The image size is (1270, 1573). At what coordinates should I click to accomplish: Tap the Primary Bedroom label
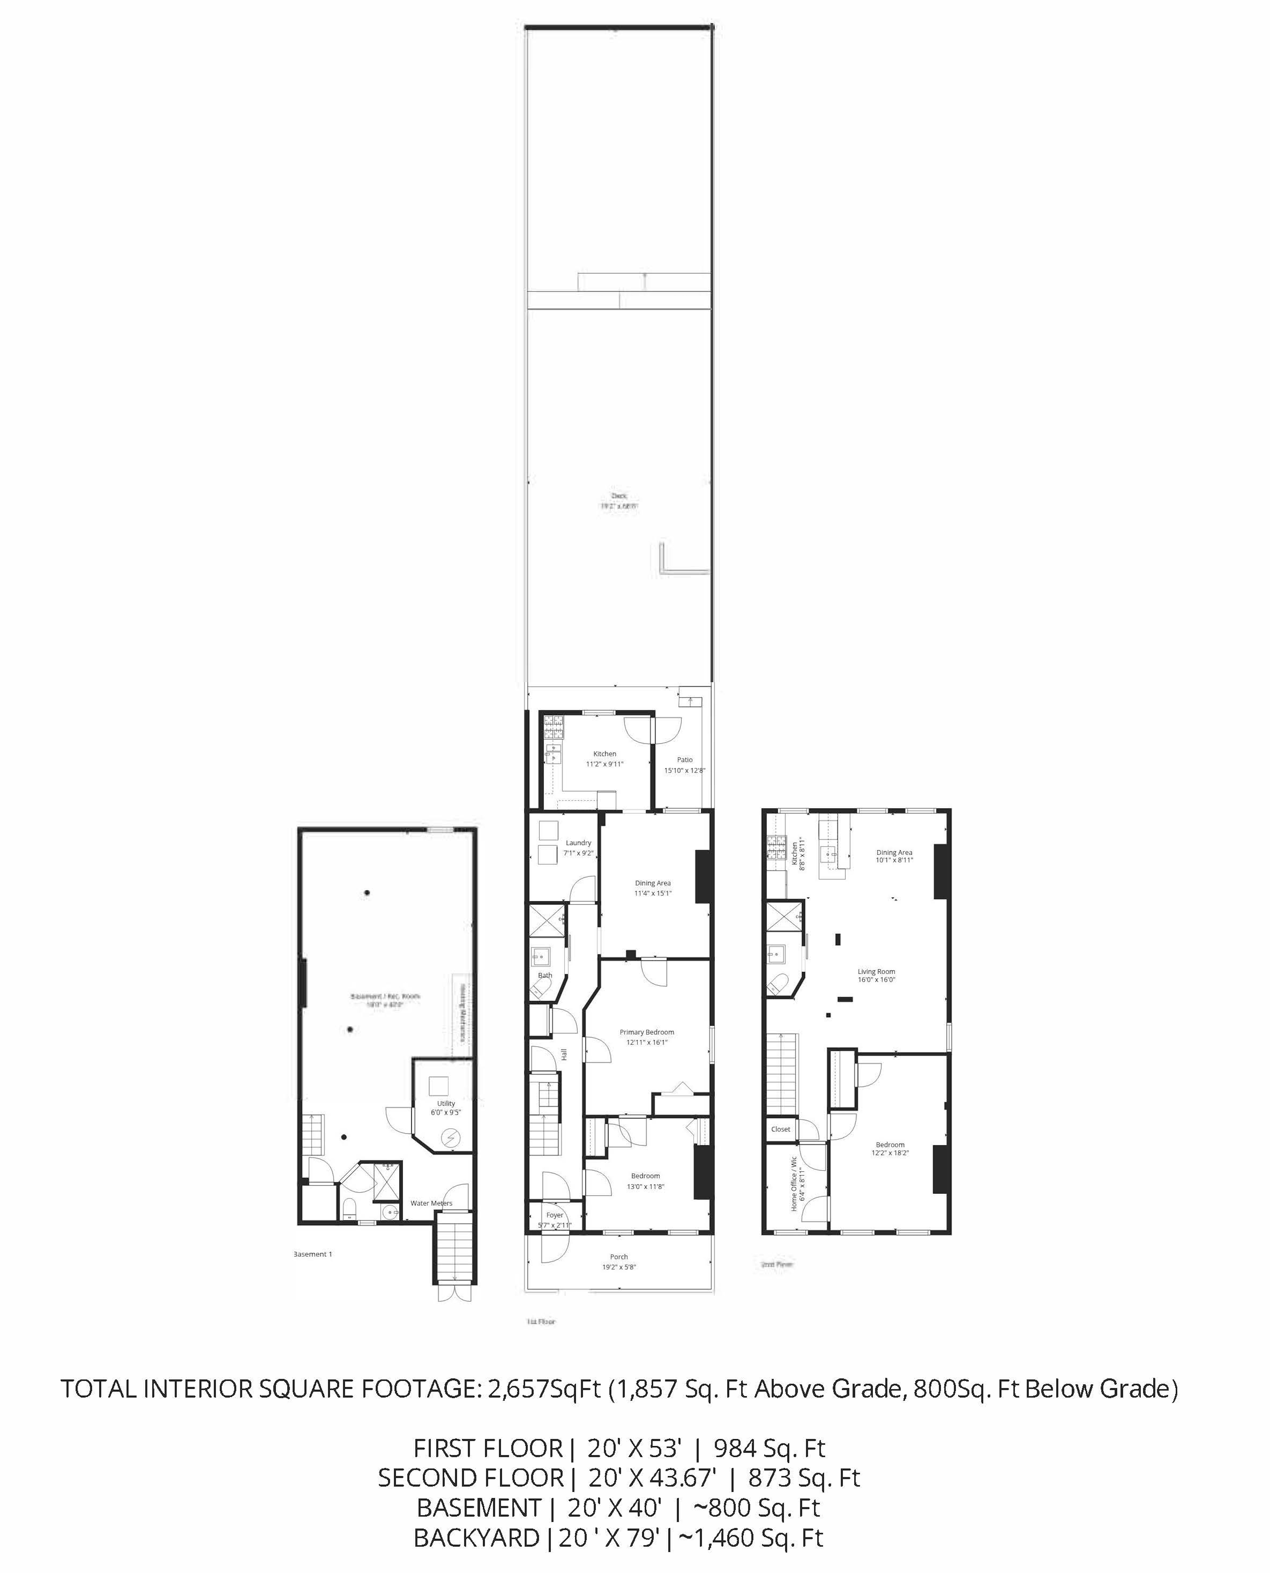(x=647, y=1032)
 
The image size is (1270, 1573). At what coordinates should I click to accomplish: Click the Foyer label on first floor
(x=555, y=1215)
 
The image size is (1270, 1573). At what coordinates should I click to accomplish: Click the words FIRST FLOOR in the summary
(x=488, y=1448)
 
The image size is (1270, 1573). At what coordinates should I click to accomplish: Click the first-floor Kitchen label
(x=604, y=754)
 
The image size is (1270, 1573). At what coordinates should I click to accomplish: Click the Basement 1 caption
(x=313, y=1254)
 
